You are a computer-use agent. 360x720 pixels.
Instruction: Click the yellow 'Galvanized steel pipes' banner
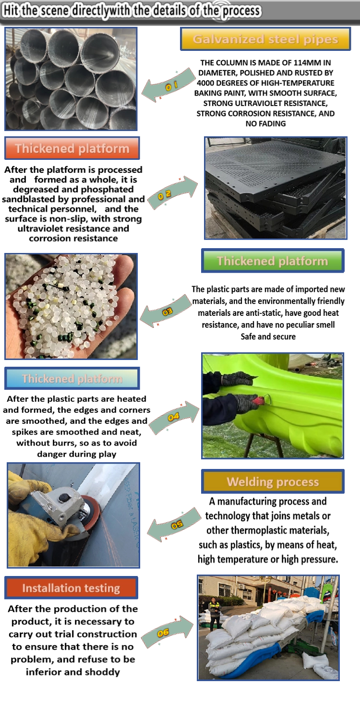(x=265, y=39)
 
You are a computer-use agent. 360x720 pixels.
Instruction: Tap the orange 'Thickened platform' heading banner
(x=72, y=148)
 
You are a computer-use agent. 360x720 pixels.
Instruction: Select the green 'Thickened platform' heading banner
(x=273, y=261)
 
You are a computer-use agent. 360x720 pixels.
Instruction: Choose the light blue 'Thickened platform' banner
(x=72, y=378)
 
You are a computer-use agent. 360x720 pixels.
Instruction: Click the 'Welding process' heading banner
(x=273, y=481)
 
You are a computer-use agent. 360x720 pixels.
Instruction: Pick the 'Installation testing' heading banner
(x=71, y=588)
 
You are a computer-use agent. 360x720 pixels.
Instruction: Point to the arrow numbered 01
(x=168, y=85)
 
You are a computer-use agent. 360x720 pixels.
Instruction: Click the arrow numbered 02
(x=173, y=192)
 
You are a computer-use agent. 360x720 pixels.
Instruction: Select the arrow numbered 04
(x=174, y=418)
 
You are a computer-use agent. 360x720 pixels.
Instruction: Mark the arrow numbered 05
(x=175, y=524)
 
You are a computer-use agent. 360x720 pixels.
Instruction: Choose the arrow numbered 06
(x=167, y=632)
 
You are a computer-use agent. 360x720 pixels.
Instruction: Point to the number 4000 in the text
(x=206, y=83)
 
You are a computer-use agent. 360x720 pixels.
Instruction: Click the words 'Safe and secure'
(x=268, y=336)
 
